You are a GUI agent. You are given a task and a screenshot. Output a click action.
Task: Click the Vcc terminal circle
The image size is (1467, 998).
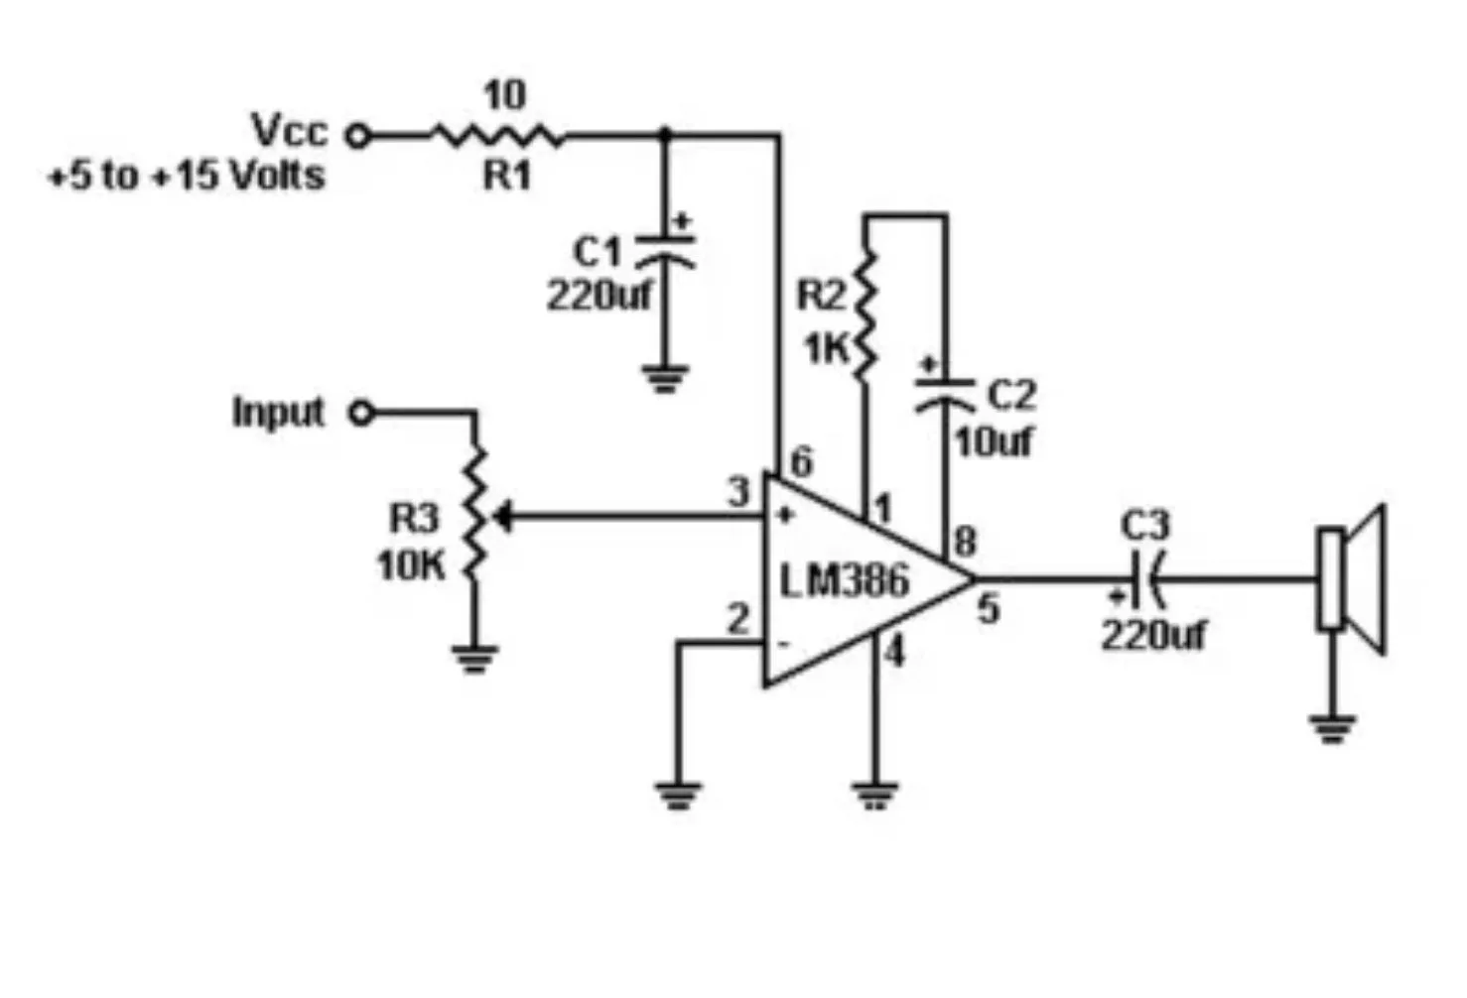pyautogui.click(x=358, y=136)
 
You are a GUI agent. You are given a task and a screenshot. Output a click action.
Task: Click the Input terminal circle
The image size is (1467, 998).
pyautogui.click(x=361, y=413)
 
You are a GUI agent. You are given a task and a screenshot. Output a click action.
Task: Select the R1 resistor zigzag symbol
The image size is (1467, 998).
pyautogui.click(x=496, y=136)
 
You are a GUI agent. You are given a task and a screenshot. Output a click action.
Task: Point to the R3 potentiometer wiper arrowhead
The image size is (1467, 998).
pyautogui.click(x=502, y=517)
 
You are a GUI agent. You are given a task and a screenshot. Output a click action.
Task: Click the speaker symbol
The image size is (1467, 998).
pyautogui.click(x=1351, y=579)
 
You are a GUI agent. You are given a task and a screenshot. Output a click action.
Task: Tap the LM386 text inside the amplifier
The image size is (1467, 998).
pyautogui.click(x=844, y=580)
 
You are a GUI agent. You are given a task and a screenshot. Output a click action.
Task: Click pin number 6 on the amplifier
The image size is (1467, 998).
pyautogui.click(x=801, y=461)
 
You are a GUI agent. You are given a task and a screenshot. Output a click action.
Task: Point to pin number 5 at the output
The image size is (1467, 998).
pyautogui.click(x=988, y=609)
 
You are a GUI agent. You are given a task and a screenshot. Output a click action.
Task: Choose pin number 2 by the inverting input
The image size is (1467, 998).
pyautogui.click(x=737, y=620)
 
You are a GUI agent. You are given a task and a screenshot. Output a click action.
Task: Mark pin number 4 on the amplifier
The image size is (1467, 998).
pyautogui.click(x=894, y=653)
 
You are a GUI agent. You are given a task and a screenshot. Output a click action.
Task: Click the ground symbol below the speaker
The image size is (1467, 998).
pyautogui.click(x=1332, y=728)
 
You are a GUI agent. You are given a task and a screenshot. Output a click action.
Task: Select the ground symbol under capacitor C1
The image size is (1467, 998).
pyautogui.click(x=664, y=378)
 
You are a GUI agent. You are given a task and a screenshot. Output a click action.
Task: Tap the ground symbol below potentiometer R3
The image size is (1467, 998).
pyautogui.click(x=474, y=658)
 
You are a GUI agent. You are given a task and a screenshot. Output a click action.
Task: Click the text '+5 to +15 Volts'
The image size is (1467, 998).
pyautogui.click(x=187, y=176)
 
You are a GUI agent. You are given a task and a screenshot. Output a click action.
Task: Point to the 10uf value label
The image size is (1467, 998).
pyautogui.click(x=994, y=441)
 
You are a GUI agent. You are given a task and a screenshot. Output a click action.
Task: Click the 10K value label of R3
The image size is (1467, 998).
pyautogui.click(x=411, y=565)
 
